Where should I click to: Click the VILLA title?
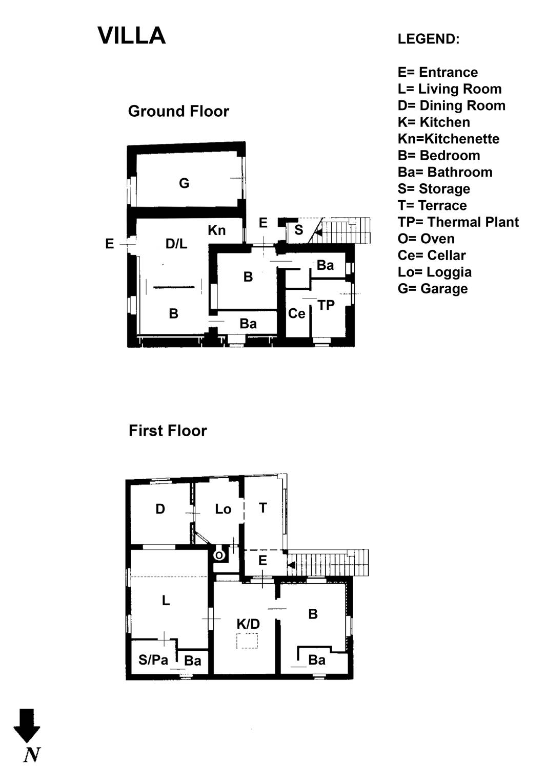coord(132,36)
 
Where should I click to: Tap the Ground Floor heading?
coord(178,112)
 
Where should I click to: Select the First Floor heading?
coord(168,431)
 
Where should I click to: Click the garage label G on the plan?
coord(184,183)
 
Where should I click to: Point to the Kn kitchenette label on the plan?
coord(217,230)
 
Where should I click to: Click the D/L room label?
coord(176,244)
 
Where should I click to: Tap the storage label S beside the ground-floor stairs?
coord(299,230)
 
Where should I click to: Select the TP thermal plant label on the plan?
coord(326,305)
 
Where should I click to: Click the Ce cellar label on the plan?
coord(296,313)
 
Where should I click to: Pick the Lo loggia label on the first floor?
coord(223,509)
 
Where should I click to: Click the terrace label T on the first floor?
coord(262,508)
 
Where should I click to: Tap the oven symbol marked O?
coord(219,555)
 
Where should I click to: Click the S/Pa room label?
coord(153,660)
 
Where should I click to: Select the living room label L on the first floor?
coord(166,601)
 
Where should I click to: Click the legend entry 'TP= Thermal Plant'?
coord(458,222)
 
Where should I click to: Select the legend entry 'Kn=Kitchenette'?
coord(449,139)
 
